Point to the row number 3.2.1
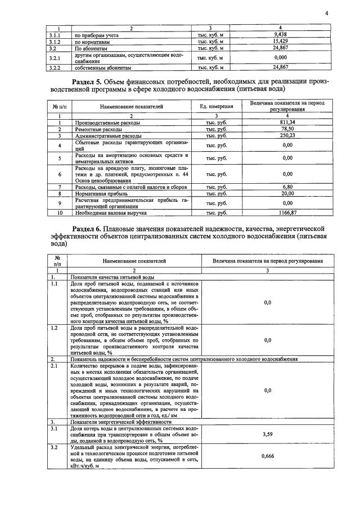click(x=55, y=58)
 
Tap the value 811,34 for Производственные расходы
click(x=287, y=121)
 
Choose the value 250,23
click(x=287, y=135)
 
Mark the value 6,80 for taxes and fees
click(x=287, y=187)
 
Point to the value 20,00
click(x=287, y=193)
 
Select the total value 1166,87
click(x=287, y=213)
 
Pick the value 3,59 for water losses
click(x=267, y=434)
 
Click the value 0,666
click(x=267, y=457)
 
